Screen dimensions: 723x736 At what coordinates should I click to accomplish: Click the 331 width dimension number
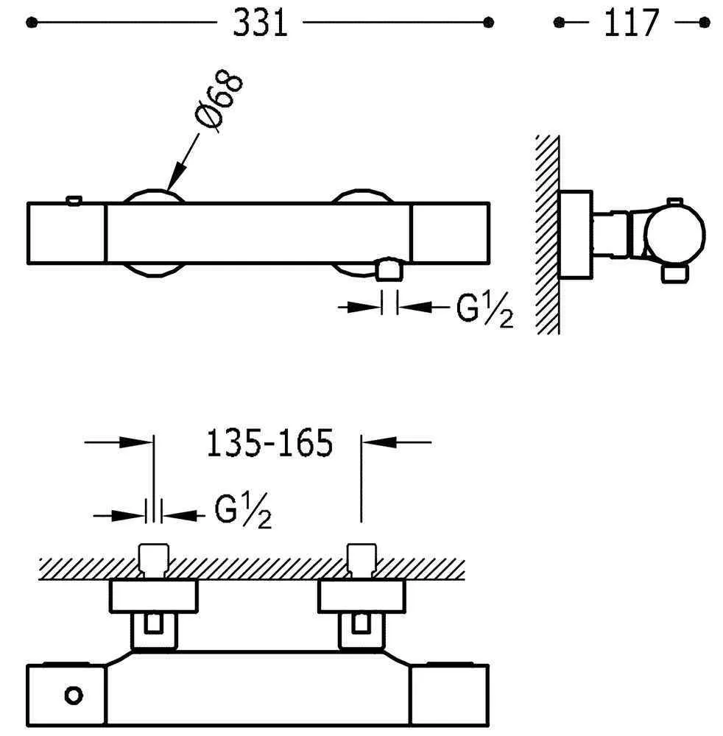[260, 23]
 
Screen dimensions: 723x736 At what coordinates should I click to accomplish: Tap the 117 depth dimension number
[631, 23]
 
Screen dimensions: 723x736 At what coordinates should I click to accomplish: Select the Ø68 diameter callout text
[219, 100]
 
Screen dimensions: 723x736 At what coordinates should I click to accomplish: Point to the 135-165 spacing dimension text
[269, 442]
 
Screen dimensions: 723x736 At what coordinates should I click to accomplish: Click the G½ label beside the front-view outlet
[485, 310]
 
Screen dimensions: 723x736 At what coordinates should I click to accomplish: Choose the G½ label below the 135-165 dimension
[243, 511]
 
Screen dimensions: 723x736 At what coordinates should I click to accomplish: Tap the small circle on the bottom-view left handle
[74, 696]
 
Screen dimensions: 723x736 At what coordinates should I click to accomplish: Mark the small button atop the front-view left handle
[74, 200]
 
